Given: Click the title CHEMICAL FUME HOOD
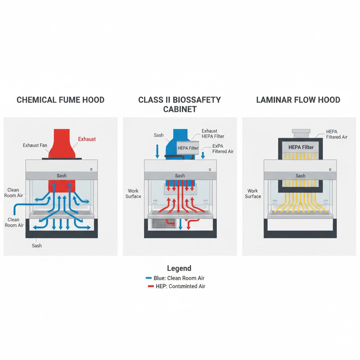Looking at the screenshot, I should click(x=60, y=100).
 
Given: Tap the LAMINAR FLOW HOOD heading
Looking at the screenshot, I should click(x=298, y=100).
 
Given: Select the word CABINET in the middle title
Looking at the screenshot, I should click(x=180, y=109).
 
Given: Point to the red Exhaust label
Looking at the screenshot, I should click(x=87, y=139).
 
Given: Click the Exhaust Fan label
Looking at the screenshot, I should click(x=35, y=145).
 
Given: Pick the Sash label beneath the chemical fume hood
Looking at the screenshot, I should click(x=37, y=245).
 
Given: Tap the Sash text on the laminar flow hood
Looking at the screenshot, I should click(x=300, y=176).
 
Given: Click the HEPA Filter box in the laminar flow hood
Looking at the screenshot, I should click(x=301, y=147).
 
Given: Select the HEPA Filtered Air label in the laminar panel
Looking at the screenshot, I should click(x=336, y=134).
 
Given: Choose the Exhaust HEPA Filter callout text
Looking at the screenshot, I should click(x=213, y=134).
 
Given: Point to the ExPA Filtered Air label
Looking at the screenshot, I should click(x=223, y=149).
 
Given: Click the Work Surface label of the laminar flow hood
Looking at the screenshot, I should click(x=253, y=194).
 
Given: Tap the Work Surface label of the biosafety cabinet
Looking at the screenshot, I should click(x=133, y=194).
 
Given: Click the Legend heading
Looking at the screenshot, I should click(x=179, y=269).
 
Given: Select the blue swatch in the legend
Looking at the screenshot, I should click(x=149, y=278).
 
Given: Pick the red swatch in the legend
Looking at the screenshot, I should click(x=150, y=287).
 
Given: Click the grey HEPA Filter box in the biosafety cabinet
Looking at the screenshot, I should click(x=188, y=148).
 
